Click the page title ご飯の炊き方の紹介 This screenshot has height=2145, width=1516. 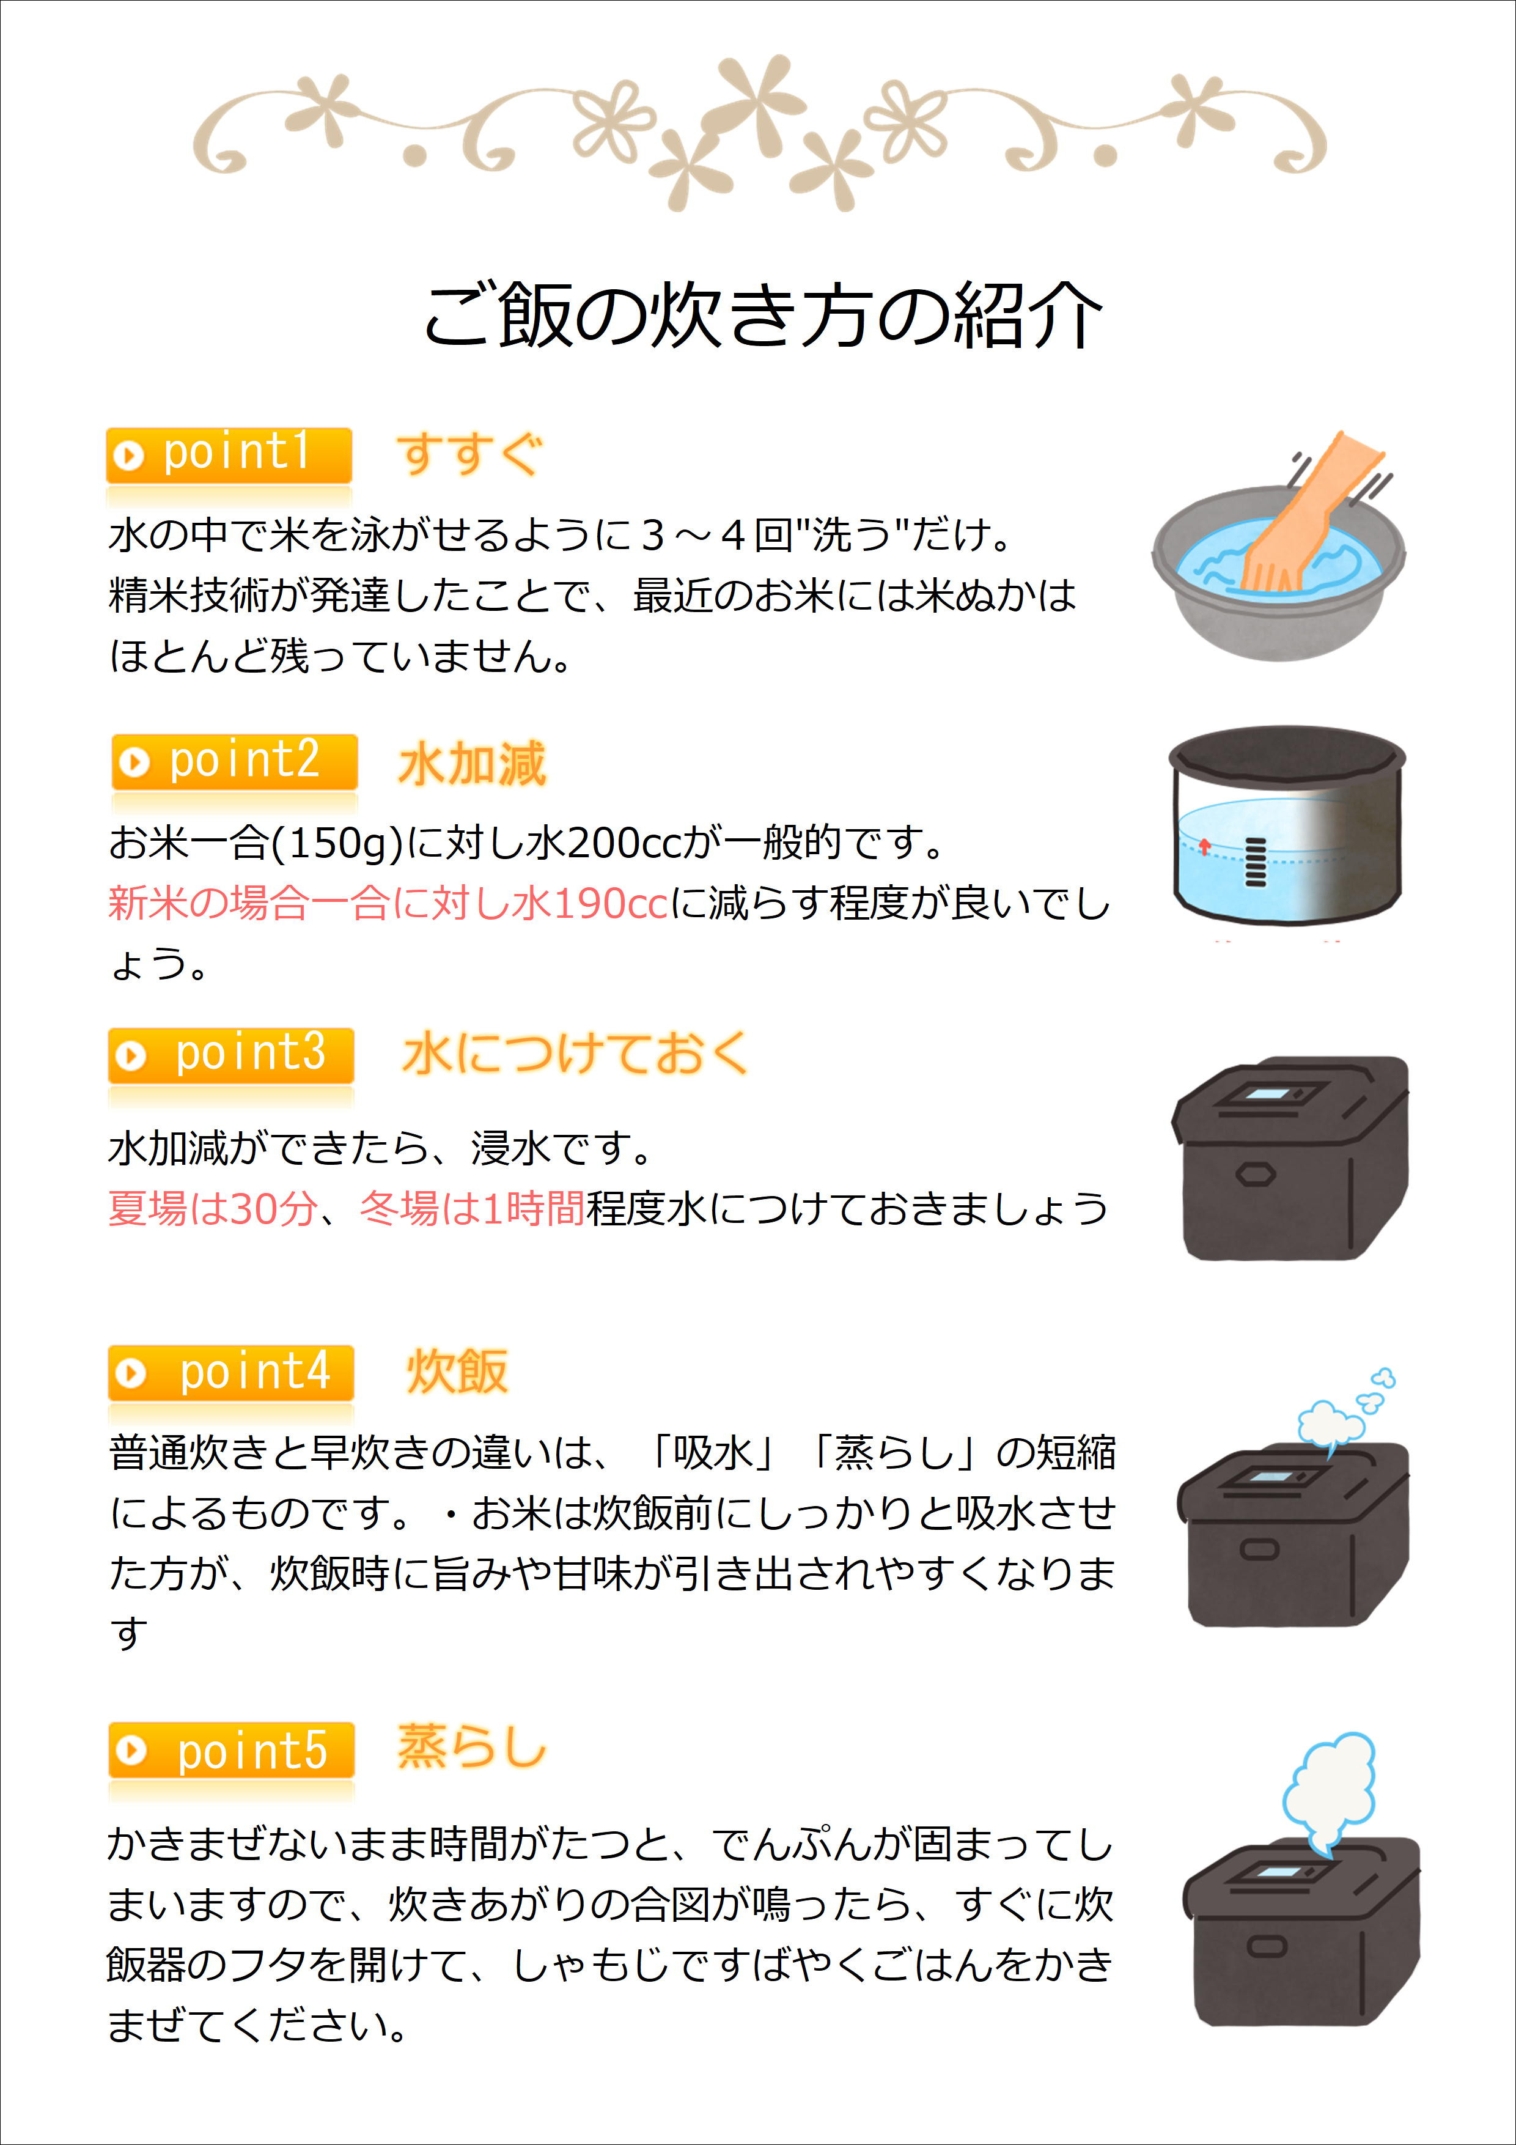pyautogui.click(x=763, y=316)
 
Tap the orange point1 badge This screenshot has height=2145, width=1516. pyautogui.click(x=229, y=455)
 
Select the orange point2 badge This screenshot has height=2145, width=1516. pyautogui.click(x=235, y=761)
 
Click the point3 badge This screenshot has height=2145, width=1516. pyautogui.click(x=230, y=1055)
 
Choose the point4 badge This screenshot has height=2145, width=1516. pyautogui.click(x=230, y=1373)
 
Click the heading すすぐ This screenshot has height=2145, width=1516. pyautogui.click(x=469, y=455)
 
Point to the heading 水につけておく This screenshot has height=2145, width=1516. pyautogui.click(x=575, y=1054)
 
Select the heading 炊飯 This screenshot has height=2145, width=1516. pyautogui.click(x=457, y=1372)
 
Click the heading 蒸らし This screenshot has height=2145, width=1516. pyautogui.click(x=472, y=1747)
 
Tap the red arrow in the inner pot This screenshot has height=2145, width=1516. pyautogui.click(x=1205, y=846)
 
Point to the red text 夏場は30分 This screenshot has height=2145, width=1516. pyautogui.click(x=213, y=1208)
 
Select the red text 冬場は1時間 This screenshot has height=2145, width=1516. pyautogui.click(x=473, y=1208)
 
